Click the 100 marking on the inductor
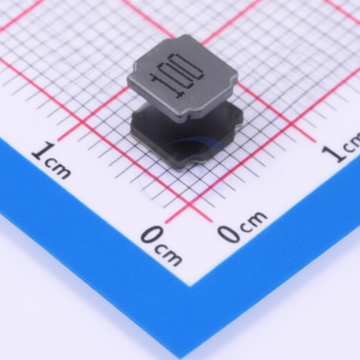tap(176, 75)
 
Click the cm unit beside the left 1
tap(58, 169)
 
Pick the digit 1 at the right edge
tap(333, 153)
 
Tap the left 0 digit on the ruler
tap(153, 234)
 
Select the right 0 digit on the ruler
tap(229, 233)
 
